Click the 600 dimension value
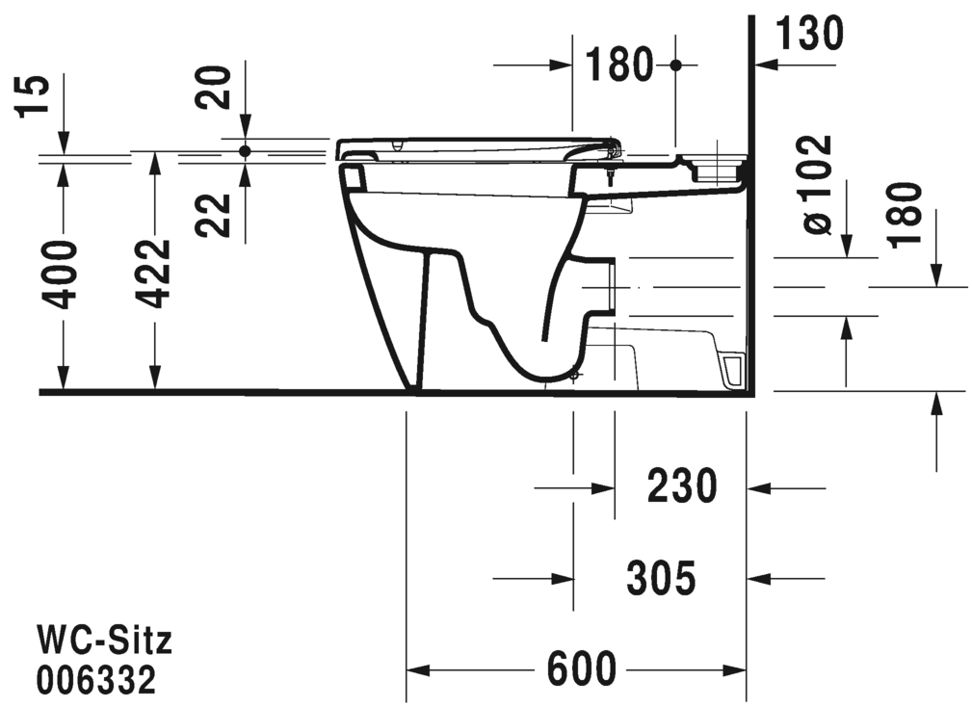click(581, 668)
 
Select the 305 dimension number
click(660, 578)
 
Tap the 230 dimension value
click(681, 487)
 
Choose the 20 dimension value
click(219, 87)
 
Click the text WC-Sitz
click(104, 639)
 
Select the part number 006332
click(96, 681)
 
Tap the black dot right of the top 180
click(675, 65)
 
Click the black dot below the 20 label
click(245, 151)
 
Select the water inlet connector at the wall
click(715, 166)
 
